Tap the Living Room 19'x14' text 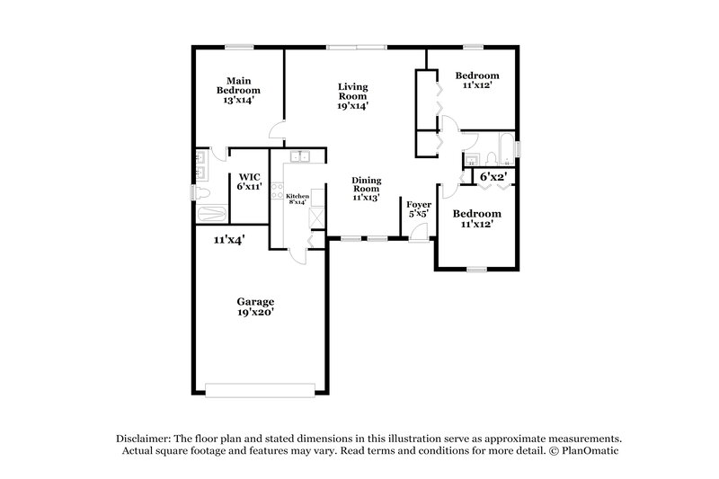pos(353,96)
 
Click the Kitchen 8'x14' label pos(298,199)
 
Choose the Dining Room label pos(366,189)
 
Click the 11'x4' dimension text pos(229,240)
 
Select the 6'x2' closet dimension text pos(493,177)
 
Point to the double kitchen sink pos(299,157)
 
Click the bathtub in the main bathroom pos(212,215)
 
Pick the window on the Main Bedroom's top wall pos(238,46)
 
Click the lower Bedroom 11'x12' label pos(476,219)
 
